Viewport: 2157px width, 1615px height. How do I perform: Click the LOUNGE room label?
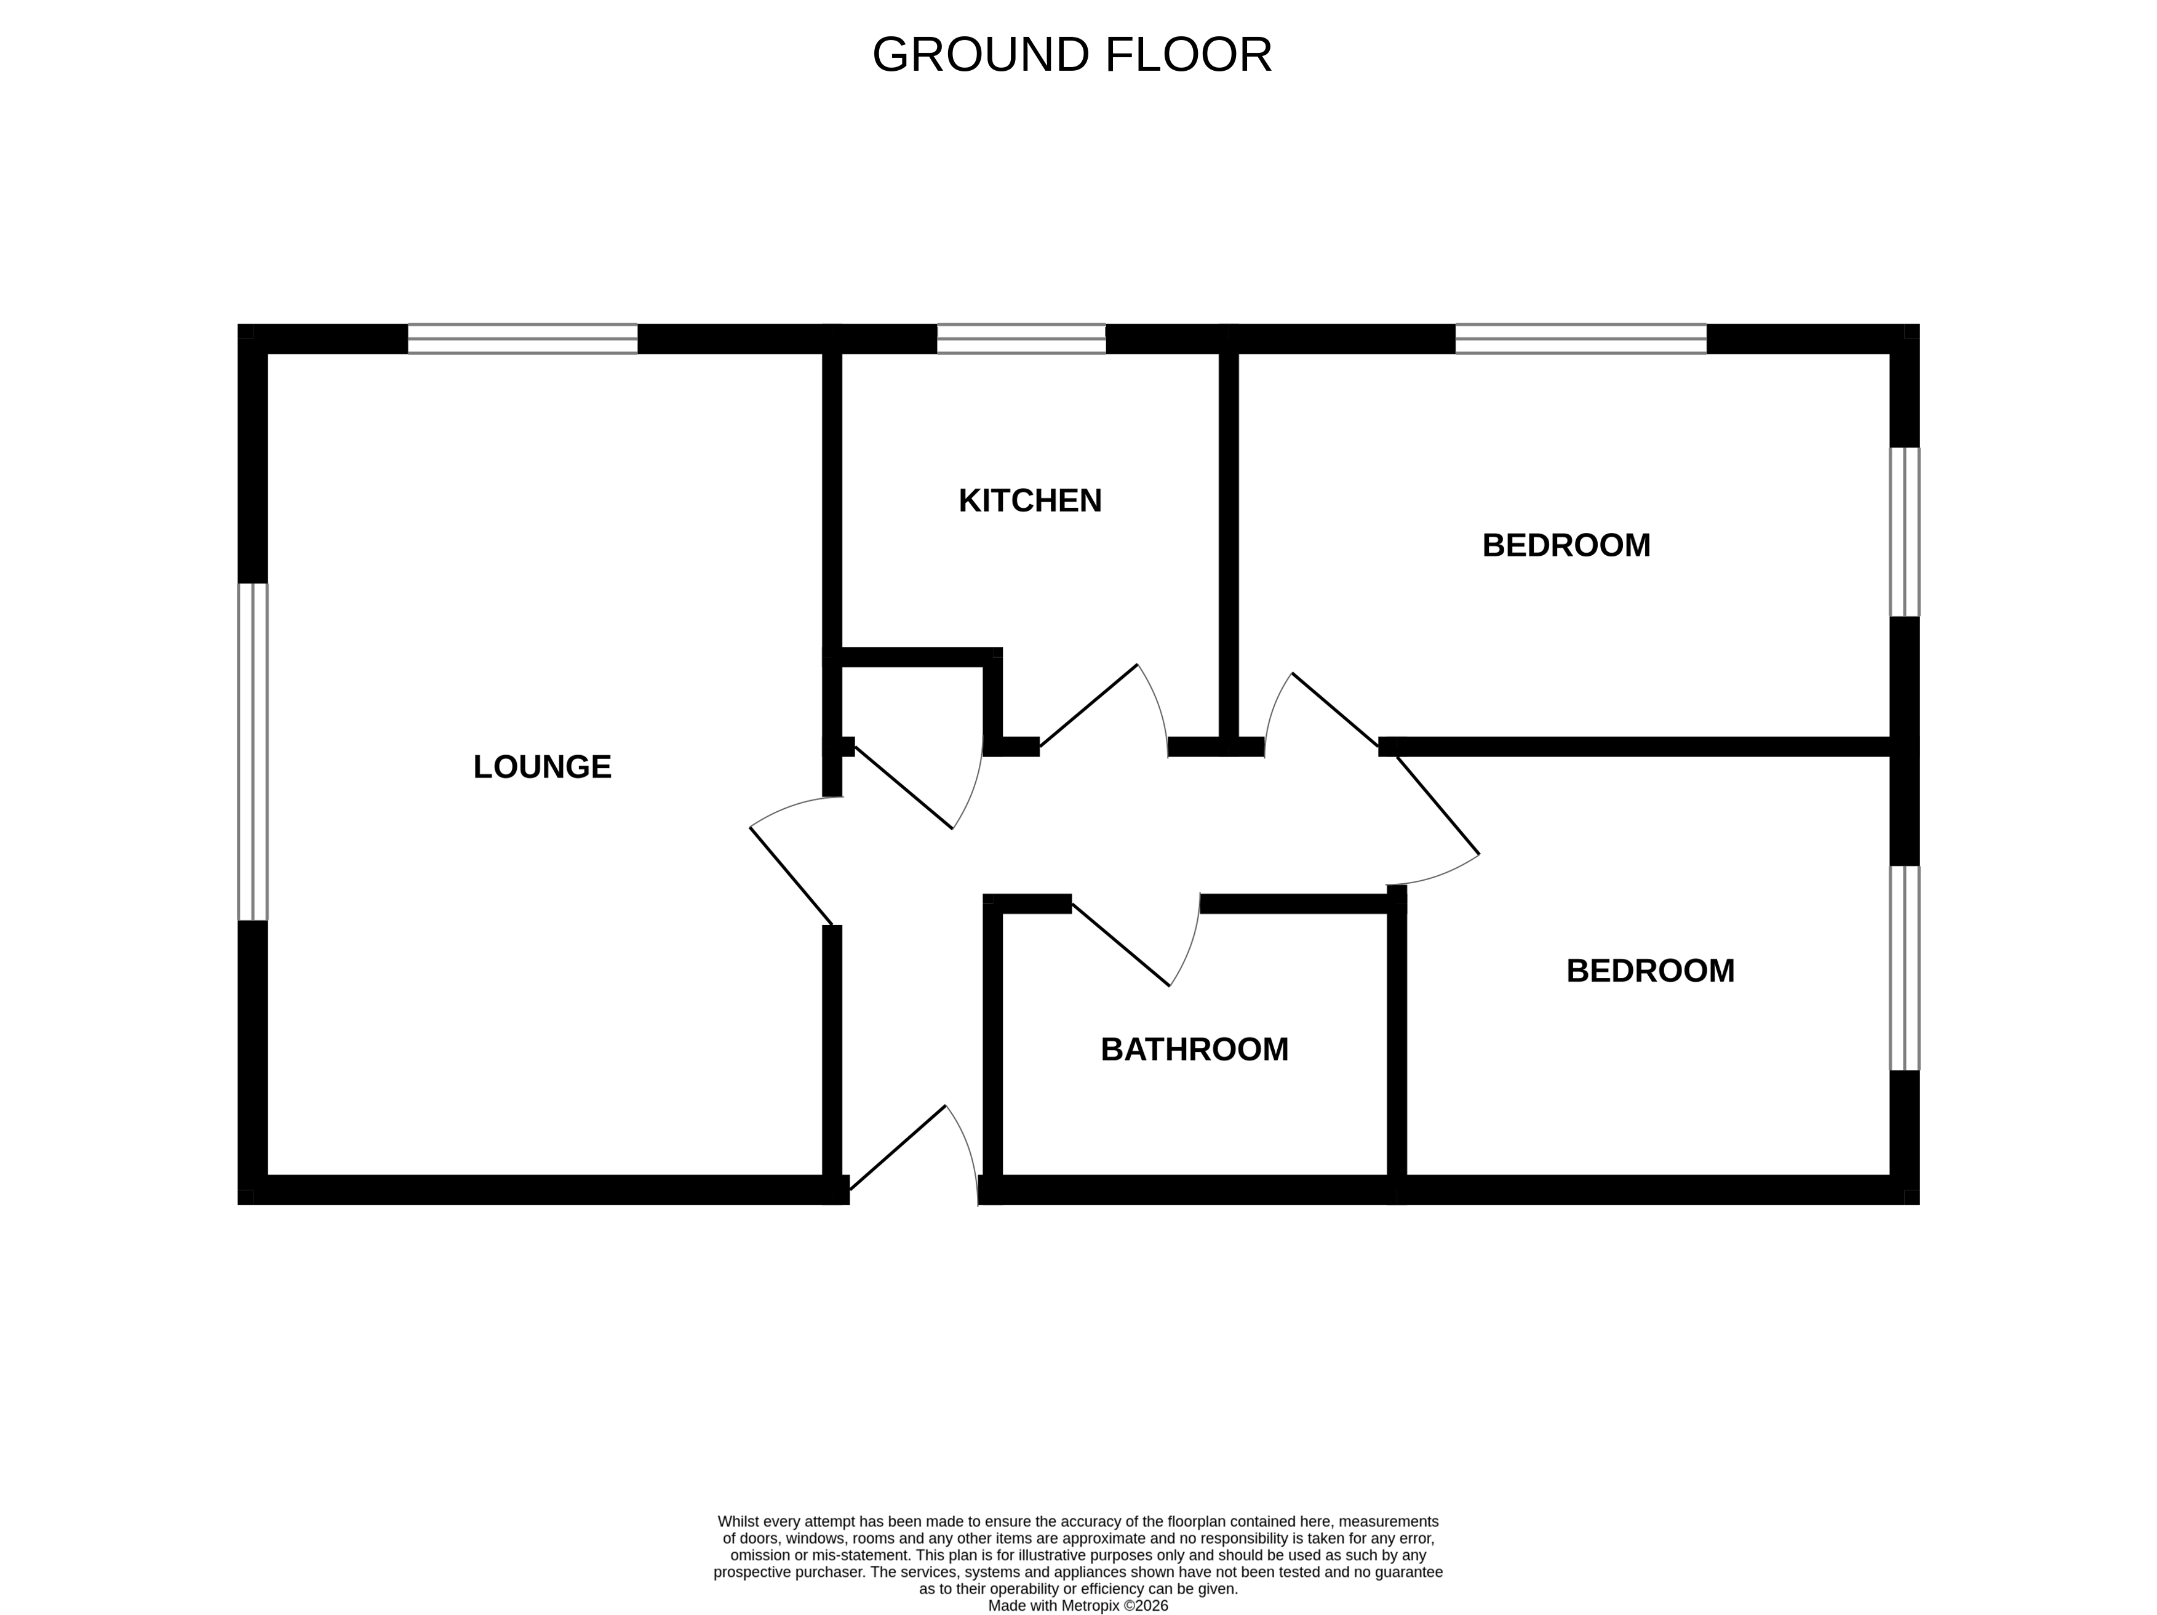pyautogui.click(x=542, y=766)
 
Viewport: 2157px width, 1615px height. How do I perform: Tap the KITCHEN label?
pyautogui.click(x=1030, y=500)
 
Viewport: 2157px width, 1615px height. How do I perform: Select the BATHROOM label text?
pyautogui.click(x=1195, y=1049)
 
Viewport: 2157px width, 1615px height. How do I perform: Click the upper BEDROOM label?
pyautogui.click(x=1566, y=545)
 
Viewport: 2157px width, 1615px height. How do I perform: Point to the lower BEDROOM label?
pyautogui.click(x=1650, y=971)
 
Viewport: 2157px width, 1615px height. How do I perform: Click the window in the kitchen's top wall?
pyautogui.click(x=1022, y=339)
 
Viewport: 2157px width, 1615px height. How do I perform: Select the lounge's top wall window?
pyautogui.click(x=523, y=339)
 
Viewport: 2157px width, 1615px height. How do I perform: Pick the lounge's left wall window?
pyautogui.click(x=253, y=752)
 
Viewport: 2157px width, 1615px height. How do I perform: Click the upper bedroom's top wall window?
pyautogui.click(x=1581, y=339)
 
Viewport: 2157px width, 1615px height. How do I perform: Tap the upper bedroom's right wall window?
pyautogui.click(x=1904, y=532)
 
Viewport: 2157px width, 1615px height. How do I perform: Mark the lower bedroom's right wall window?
pyautogui.click(x=1904, y=968)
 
